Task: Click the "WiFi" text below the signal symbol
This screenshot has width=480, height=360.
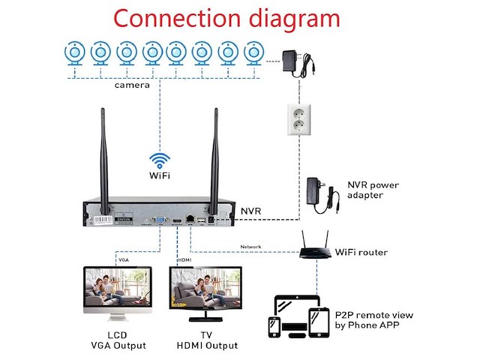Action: (159, 176)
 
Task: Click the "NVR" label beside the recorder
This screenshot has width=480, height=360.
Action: (252, 212)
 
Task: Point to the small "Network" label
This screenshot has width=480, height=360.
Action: (251, 247)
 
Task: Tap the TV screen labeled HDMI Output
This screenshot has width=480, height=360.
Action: (206, 289)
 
